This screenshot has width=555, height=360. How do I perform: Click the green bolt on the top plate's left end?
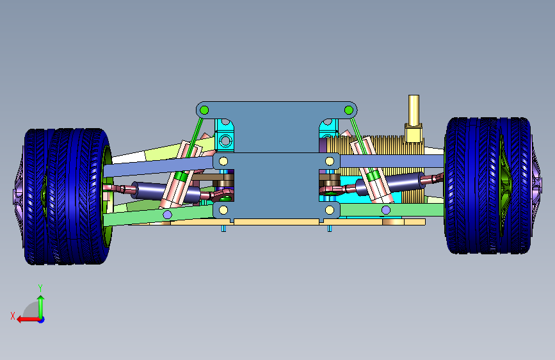pos(204,110)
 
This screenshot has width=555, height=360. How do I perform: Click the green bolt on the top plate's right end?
pos(349,110)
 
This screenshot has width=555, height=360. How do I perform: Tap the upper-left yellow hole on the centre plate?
pos(223,161)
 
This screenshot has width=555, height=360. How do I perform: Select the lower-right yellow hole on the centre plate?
pos(330,210)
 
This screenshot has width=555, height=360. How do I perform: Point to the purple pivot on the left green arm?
pos(168,215)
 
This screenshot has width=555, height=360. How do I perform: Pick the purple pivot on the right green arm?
pos(386,210)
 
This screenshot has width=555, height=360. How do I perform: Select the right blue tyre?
pos(488,185)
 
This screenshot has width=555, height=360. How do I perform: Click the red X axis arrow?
pos(29,320)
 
